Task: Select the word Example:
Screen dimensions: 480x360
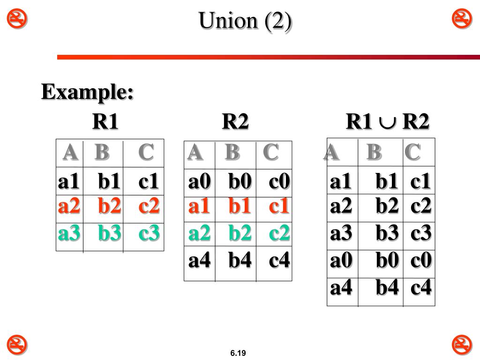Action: click(x=87, y=92)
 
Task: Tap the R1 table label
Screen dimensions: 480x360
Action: click(x=105, y=122)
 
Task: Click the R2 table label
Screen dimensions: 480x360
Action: click(x=235, y=122)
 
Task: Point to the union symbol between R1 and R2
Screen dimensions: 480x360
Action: click(x=387, y=123)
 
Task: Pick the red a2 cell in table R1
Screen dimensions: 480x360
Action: click(x=69, y=206)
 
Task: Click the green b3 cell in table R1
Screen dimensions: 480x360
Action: click(x=110, y=233)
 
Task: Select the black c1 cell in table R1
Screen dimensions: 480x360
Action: click(x=149, y=181)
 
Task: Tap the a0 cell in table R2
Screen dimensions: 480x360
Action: click(x=199, y=181)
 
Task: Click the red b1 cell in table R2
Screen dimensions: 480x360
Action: click(x=240, y=206)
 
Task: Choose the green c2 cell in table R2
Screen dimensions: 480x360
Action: click(x=279, y=233)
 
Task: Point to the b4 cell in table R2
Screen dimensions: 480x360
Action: click(x=240, y=260)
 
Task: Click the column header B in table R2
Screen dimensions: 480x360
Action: click(x=232, y=152)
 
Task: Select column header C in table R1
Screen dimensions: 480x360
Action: click(x=146, y=152)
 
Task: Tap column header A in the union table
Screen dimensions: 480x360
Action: click(x=331, y=152)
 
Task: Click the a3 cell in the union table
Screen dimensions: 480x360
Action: click(x=341, y=233)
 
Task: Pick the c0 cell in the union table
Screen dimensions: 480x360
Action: click(x=420, y=260)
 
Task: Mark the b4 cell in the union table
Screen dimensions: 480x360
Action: click(x=387, y=287)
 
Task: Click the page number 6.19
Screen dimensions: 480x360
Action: click(x=238, y=353)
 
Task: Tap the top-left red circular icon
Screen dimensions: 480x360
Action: click(x=17, y=19)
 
